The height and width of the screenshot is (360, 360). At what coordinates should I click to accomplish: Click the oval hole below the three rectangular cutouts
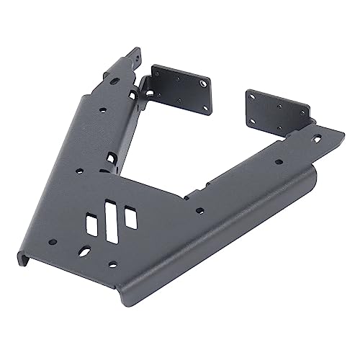(x=86, y=253)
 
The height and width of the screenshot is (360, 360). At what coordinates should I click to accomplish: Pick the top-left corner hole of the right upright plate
(x=253, y=96)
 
